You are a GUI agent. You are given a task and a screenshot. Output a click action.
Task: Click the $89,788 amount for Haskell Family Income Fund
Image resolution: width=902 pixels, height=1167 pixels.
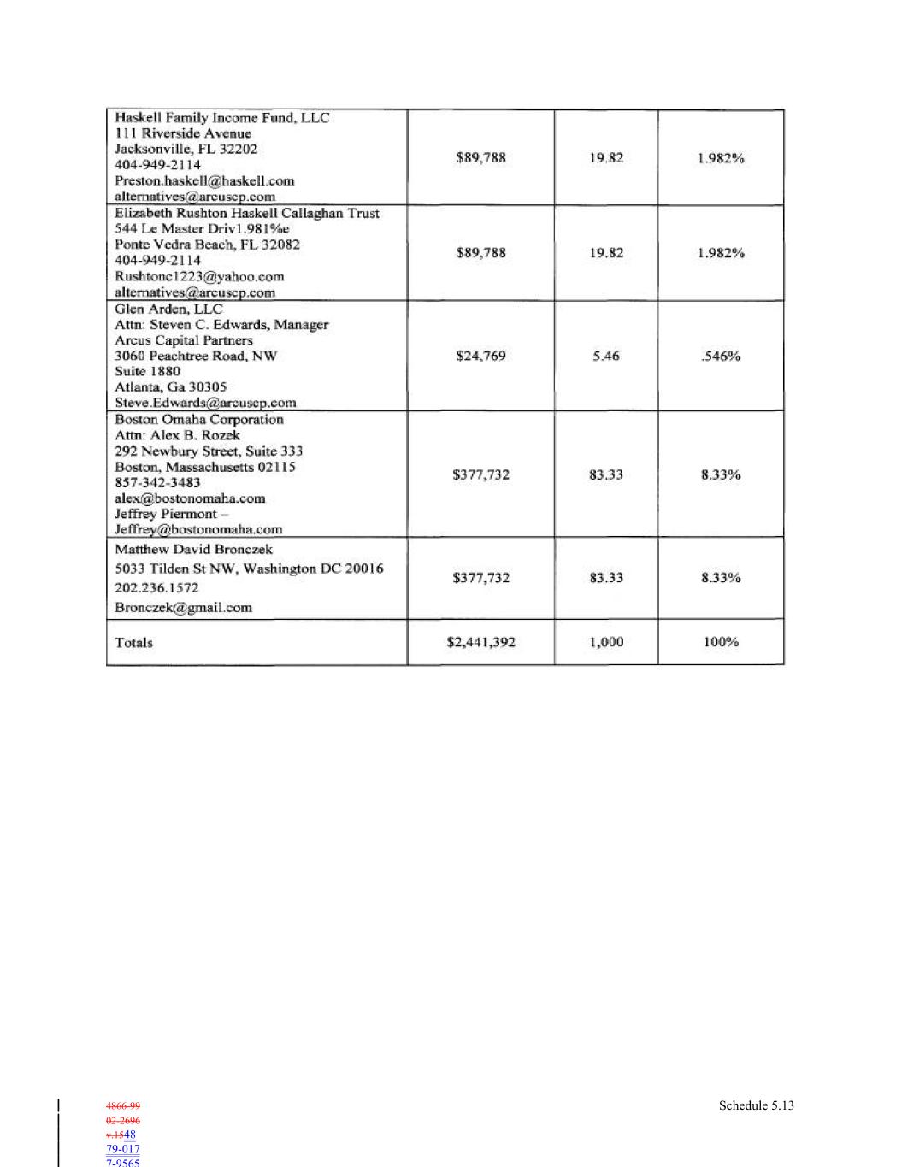[x=480, y=157]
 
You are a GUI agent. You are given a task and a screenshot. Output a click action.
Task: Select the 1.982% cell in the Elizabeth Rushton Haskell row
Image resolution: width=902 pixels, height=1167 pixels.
[x=720, y=253]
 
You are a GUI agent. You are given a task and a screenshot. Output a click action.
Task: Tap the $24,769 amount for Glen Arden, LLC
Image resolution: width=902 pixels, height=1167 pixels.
[x=480, y=357]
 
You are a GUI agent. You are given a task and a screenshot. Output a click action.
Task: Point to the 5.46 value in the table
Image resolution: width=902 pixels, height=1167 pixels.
[x=605, y=357]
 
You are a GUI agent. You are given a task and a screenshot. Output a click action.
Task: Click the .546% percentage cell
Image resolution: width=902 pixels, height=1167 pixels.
[x=720, y=357]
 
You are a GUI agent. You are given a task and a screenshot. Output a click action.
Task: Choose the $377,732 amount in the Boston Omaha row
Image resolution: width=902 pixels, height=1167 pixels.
[x=480, y=474]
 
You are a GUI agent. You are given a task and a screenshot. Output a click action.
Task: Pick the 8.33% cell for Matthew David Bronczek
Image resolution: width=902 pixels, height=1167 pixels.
[x=720, y=578]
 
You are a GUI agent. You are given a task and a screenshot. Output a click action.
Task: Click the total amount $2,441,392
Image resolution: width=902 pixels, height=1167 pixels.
[x=480, y=642]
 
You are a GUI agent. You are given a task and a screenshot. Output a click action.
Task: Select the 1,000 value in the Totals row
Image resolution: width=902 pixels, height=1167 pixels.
[x=605, y=642]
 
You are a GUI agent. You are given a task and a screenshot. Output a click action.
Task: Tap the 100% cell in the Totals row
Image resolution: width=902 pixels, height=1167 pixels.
[x=720, y=642]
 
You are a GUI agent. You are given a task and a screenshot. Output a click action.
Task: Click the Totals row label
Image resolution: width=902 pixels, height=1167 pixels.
[x=134, y=643]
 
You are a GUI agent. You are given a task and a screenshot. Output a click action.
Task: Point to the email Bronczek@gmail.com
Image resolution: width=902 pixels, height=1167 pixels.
[x=183, y=608]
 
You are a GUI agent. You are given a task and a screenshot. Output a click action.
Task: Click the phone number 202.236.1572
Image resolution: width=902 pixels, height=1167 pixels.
[x=156, y=588]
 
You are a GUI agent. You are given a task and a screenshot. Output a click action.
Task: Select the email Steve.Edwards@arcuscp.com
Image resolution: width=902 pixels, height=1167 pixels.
[x=205, y=403]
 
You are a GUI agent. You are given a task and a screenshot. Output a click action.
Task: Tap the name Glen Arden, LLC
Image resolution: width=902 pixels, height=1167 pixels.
[x=168, y=309]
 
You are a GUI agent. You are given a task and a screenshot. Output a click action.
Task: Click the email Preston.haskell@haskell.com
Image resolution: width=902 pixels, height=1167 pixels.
[x=204, y=181]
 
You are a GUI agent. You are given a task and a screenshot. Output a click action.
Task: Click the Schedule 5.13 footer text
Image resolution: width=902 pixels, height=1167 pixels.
[x=756, y=1105]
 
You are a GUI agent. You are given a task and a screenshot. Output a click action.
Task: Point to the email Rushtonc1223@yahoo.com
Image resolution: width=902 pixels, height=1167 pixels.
[x=199, y=277]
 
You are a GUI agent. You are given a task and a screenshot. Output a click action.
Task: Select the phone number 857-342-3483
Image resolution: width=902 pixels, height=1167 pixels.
[x=157, y=483]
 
